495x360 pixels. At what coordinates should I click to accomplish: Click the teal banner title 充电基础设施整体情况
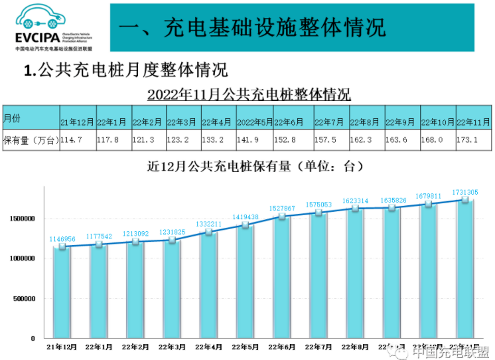click(252, 27)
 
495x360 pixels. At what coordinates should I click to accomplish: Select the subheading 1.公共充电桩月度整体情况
click(125, 70)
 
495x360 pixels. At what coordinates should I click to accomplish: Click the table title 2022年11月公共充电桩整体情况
click(249, 94)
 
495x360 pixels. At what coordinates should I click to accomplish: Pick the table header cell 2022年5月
click(254, 122)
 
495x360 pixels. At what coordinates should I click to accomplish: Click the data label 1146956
click(62, 238)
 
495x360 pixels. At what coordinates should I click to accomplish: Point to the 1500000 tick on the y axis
click(22, 219)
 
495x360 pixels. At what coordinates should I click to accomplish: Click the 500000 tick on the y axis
click(24, 299)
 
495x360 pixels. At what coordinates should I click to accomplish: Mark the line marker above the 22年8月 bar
click(355, 209)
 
